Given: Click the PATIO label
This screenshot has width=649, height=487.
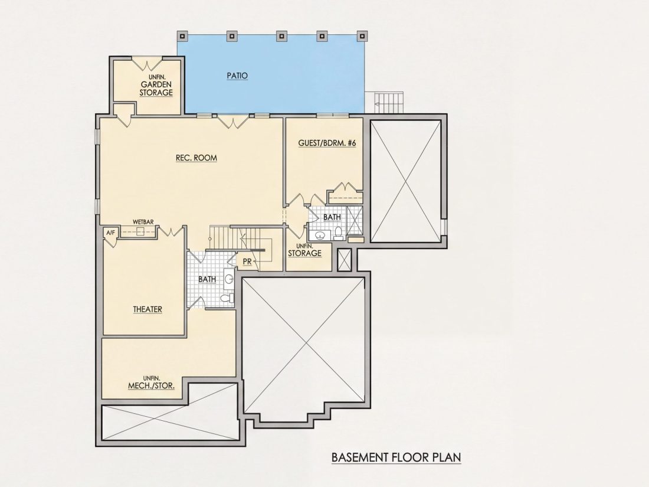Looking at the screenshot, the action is (x=237, y=76).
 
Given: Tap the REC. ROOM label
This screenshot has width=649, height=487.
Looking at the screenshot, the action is (x=196, y=158).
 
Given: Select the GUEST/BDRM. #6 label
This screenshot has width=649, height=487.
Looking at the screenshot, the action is (x=327, y=143).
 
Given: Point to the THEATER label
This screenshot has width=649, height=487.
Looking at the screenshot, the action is (x=147, y=309).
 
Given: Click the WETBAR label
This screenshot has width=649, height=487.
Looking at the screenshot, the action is (x=143, y=222).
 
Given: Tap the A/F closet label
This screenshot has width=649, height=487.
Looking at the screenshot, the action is (x=110, y=233).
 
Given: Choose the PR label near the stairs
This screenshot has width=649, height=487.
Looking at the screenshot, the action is (x=247, y=262).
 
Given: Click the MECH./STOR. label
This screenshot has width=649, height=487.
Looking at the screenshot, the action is (x=151, y=385).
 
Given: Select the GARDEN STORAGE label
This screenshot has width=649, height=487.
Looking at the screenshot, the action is (x=156, y=88).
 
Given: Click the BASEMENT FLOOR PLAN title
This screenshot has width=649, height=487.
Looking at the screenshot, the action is (x=396, y=457).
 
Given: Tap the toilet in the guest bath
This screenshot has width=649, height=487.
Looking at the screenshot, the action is (x=338, y=233).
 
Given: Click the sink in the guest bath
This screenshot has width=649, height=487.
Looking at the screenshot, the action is (x=320, y=236).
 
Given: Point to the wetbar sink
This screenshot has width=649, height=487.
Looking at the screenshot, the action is (x=140, y=232).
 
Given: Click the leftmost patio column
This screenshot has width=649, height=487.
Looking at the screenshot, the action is (x=182, y=36).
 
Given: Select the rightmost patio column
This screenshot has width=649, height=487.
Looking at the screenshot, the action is (x=362, y=36).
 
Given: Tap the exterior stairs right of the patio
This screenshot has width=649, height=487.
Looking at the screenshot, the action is (x=389, y=102).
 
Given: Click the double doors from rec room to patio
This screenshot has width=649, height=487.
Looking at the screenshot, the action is (x=234, y=122).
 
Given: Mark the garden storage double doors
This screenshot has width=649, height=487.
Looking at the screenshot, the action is (x=147, y=63).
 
